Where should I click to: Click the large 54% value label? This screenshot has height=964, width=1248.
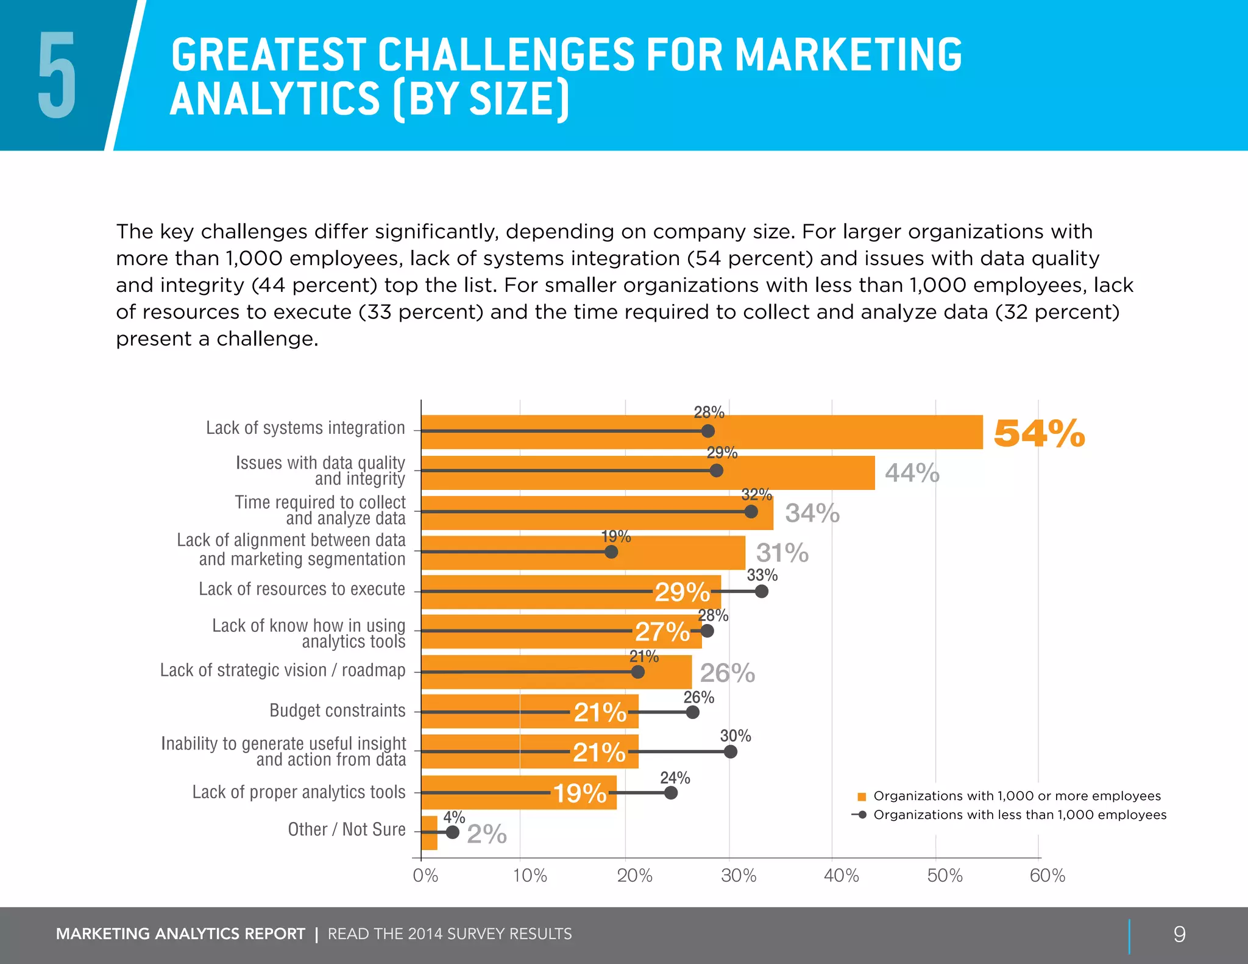click(1038, 433)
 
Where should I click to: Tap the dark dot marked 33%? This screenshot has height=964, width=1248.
click(761, 591)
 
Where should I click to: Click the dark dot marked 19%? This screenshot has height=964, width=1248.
click(611, 551)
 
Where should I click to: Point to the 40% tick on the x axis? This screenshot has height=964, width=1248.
click(841, 876)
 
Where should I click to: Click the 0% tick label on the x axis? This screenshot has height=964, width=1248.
click(425, 876)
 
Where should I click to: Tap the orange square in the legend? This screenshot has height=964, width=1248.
click(862, 796)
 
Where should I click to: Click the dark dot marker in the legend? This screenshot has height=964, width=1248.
click(862, 815)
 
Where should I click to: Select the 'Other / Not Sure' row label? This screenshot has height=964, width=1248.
click(346, 829)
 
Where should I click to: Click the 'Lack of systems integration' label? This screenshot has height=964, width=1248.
click(305, 428)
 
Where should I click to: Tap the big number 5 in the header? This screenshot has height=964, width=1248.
click(57, 76)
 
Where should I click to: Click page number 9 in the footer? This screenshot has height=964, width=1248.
click(1179, 934)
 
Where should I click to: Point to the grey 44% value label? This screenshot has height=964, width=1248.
click(912, 473)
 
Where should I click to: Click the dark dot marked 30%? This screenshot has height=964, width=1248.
click(730, 751)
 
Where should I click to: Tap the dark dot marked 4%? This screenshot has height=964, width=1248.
click(452, 832)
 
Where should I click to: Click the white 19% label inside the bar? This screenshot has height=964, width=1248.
click(580, 793)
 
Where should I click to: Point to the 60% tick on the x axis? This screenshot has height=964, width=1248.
click(1047, 876)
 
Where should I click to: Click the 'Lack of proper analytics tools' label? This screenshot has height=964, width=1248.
click(299, 792)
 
